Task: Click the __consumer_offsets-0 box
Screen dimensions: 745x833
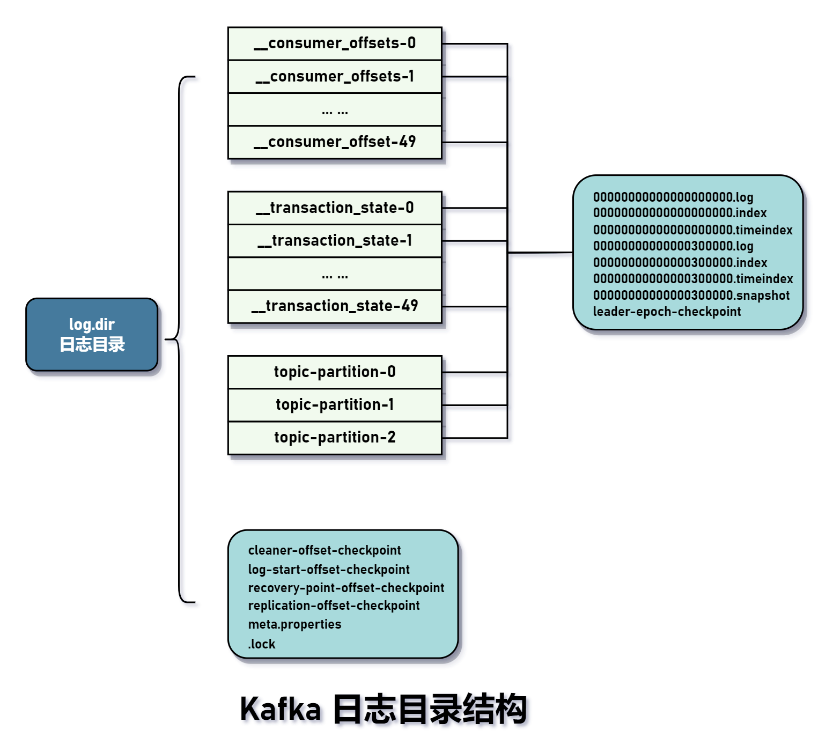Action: pyautogui.click(x=335, y=43)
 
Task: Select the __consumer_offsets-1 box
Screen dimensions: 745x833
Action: pyautogui.click(x=335, y=77)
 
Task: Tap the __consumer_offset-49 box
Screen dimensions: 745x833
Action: pyautogui.click(x=335, y=142)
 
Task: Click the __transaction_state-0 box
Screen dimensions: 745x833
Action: pyautogui.click(x=335, y=208)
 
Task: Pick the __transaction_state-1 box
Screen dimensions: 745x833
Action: pyautogui.click(x=335, y=241)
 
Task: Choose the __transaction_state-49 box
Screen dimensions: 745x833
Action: pyautogui.click(x=335, y=306)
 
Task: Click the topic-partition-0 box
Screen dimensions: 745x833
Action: pyautogui.click(x=335, y=372)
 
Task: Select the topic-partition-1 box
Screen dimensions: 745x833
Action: pyautogui.click(x=335, y=405)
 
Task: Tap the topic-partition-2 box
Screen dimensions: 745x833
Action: pyautogui.click(x=335, y=438)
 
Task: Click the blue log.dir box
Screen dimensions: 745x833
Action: pyautogui.click(x=92, y=335)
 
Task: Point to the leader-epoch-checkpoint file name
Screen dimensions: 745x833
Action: pyautogui.click(x=667, y=312)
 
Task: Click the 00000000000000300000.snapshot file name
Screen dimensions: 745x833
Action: pyautogui.click(x=691, y=296)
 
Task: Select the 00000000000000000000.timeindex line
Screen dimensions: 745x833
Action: pyautogui.click(x=692, y=230)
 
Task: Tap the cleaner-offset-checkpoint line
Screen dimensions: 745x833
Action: pyautogui.click(x=324, y=550)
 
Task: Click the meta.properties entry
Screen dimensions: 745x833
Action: pyautogui.click(x=294, y=624)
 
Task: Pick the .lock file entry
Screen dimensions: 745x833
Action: pyautogui.click(x=262, y=644)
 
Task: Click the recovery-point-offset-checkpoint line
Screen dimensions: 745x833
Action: pyautogui.click(x=346, y=588)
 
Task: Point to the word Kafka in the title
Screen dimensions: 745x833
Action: pyautogui.click(x=280, y=709)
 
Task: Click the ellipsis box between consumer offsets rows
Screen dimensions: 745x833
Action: pyautogui.click(x=335, y=110)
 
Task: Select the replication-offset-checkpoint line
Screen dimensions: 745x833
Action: pyautogui.click(x=334, y=606)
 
